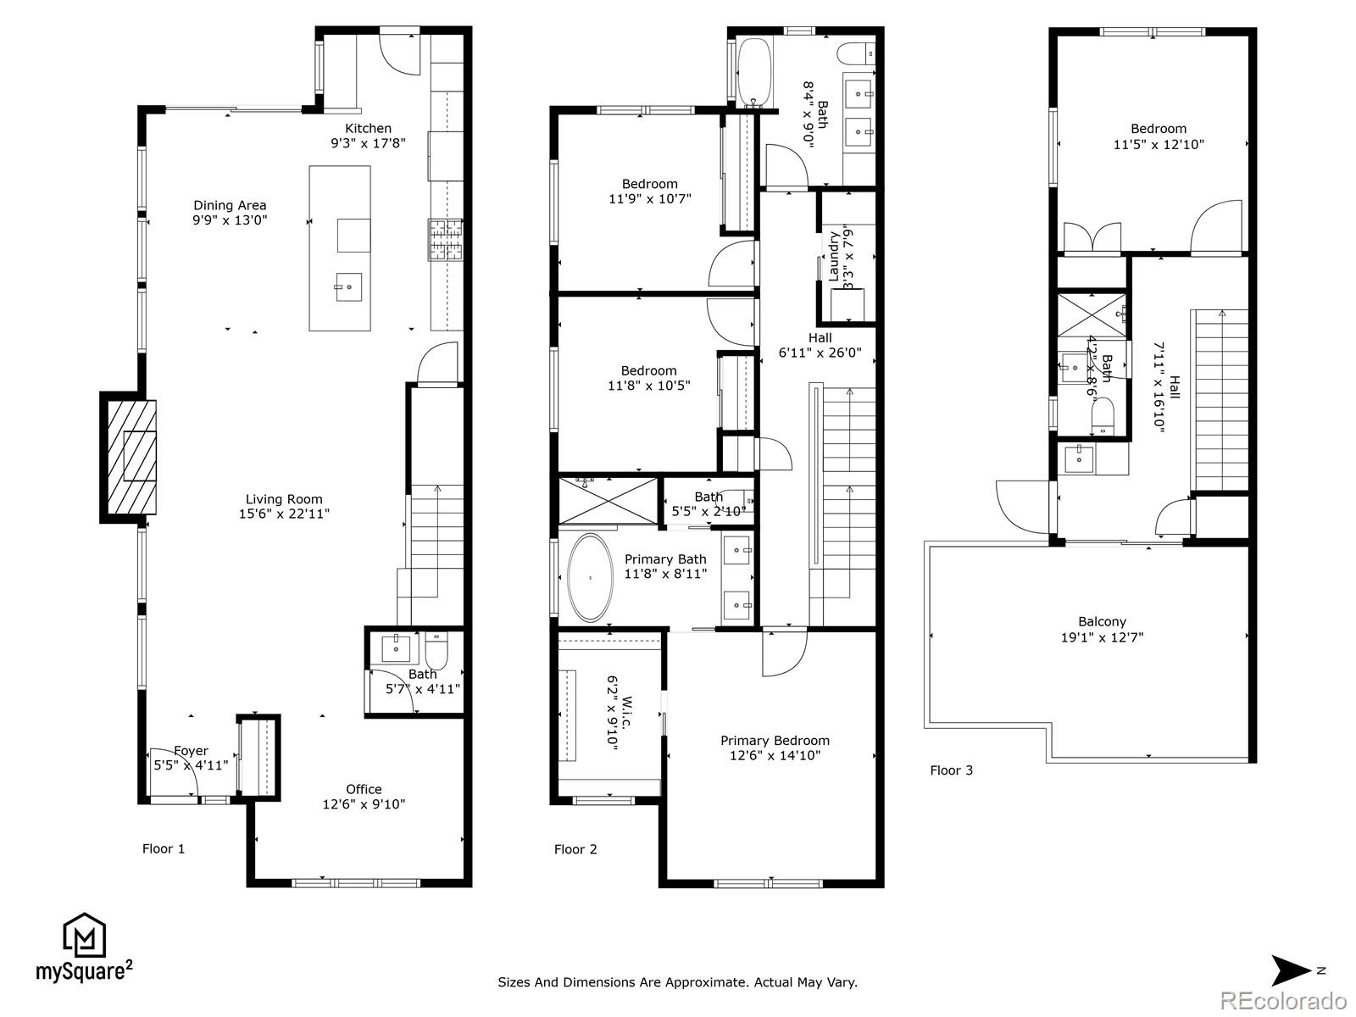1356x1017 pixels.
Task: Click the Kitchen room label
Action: coord(368,129)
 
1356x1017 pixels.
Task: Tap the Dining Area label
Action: coord(230,205)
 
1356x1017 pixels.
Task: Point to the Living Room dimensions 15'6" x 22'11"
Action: coord(284,514)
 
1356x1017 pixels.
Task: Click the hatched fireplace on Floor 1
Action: coord(131,457)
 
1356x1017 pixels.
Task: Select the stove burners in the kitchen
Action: coord(446,240)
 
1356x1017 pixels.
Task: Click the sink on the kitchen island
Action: coord(349,287)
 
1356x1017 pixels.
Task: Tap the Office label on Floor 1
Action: coord(364,789)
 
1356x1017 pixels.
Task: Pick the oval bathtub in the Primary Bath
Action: coord(591,578)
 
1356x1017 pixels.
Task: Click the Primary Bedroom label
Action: coord(775,741)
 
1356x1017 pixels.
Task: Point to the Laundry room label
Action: coord(833,256)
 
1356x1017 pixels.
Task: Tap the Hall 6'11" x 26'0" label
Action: coord(820,345)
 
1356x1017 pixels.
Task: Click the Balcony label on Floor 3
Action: coord(1102,622)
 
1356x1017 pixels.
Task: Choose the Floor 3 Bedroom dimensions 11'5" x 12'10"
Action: coord(1159,144)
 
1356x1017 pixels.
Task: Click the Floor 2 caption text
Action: coord(575,849)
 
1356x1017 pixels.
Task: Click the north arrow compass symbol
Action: coord(1291,970)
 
